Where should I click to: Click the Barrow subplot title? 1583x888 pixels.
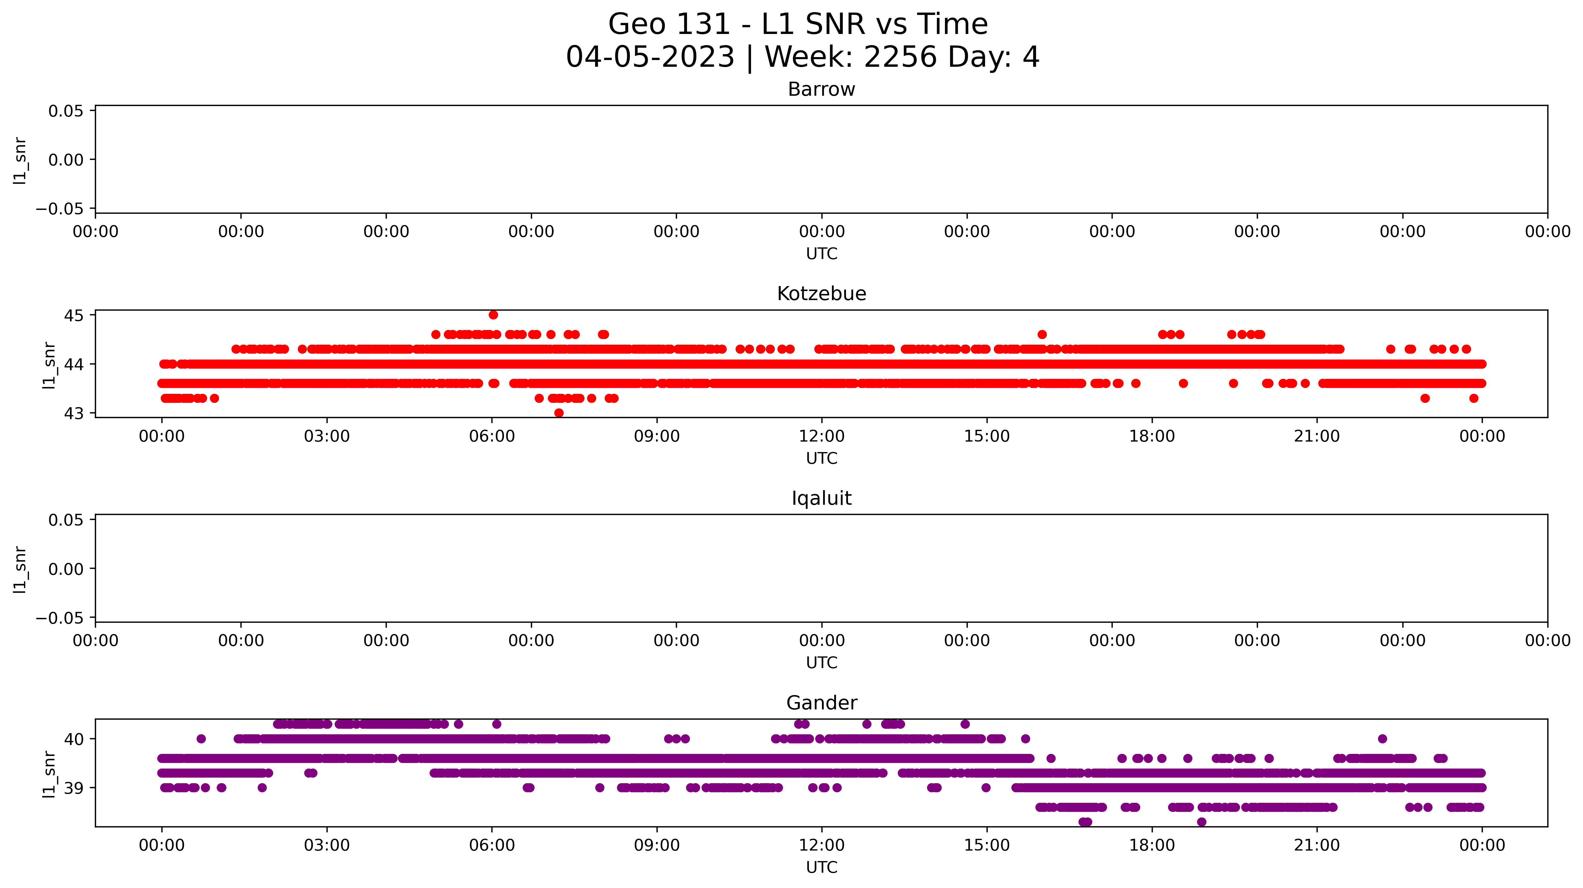point(821,90)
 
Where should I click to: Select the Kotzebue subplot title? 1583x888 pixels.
point(821,294)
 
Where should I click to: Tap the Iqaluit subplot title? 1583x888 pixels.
point(821,498)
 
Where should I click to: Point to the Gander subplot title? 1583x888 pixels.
point(821,703)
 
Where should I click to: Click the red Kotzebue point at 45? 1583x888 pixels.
point(493,315)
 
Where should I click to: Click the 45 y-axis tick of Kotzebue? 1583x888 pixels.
point(74,315)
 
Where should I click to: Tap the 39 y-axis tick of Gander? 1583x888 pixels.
point(74,788)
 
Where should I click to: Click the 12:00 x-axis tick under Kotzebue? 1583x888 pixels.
point(822,436)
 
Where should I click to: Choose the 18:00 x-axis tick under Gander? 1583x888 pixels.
point(1152,845)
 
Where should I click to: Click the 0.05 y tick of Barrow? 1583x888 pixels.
point(66,111)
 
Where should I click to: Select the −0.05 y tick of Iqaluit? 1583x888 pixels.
point(60,617)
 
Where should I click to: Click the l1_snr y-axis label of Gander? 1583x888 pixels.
point(49,774)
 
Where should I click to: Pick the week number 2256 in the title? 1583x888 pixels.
point(900,57)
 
